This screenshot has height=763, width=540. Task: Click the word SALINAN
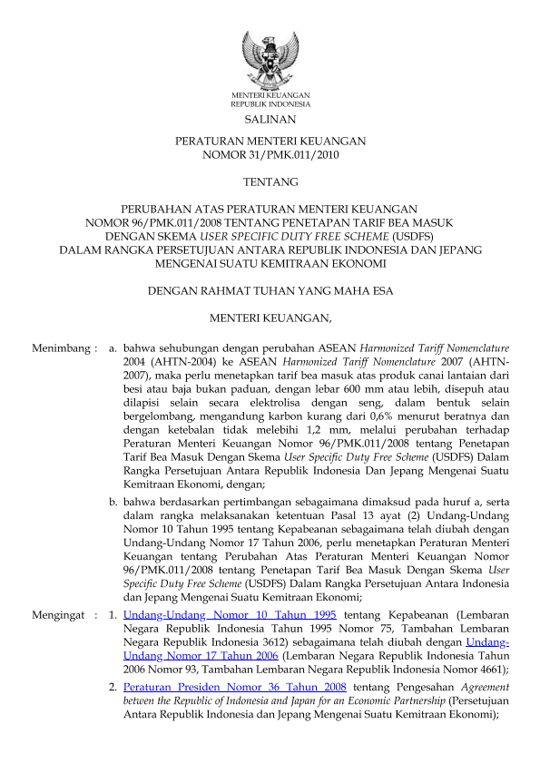click(x=270, y=119)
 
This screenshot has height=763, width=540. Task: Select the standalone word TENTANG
click(x=270, y=182)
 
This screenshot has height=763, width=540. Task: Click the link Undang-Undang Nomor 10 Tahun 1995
click(x=230, y=614)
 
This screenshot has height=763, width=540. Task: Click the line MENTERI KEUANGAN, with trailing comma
click(x=270, y=318)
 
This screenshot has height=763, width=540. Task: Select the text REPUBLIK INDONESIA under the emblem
click(x=270, y=104)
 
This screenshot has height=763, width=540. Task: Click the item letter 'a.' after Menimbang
click(x=113, y=347)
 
